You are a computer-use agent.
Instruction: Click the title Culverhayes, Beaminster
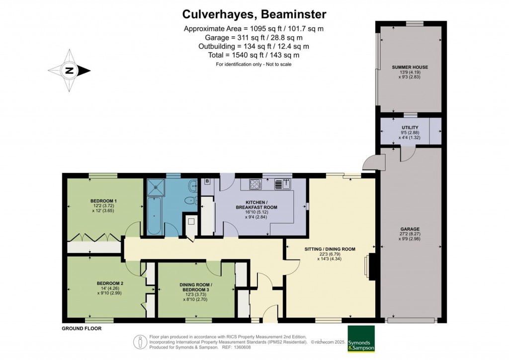click(x=254, y=14)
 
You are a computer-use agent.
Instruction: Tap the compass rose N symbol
click(x=69, y=71)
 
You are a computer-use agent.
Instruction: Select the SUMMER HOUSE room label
click(x=410, y=67)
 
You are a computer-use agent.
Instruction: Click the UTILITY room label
click(x=410, y=128)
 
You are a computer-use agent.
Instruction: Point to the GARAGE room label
click(x=410, y=229)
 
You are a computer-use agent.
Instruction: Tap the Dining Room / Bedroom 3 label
click(x=196, y=287)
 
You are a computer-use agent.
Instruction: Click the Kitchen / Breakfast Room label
click(x=256, y=205)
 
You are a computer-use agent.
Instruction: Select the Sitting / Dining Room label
click(x=330, y=249)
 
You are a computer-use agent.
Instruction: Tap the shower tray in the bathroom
click(x=156, y=187)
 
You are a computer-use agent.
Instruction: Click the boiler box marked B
click(x=207, y=181)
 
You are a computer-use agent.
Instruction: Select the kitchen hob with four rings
click(x=255, y=184)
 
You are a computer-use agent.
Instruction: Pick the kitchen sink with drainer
click(x=282, y=184)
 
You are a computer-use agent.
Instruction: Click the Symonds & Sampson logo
click(x=361, y=339)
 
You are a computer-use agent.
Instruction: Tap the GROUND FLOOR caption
click(x=82, y=329)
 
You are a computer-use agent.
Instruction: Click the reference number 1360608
click(x=241, y=348)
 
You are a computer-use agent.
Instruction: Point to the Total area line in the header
click(x=254, y=55)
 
